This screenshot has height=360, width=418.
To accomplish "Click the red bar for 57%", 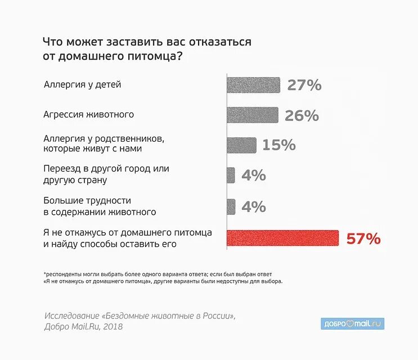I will [282, 238].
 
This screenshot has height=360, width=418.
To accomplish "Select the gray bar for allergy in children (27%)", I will [253, 85].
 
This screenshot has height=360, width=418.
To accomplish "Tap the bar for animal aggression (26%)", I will [252, 115].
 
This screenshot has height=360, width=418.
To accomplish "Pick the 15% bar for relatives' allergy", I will [241, 145].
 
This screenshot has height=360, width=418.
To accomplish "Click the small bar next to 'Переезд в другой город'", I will [231, 175].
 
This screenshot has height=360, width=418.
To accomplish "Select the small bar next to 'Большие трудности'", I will [231, 206].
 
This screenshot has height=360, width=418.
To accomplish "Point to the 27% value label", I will [304, 85].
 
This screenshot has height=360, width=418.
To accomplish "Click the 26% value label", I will [302, 115].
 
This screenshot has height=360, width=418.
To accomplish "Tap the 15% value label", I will [278, 145].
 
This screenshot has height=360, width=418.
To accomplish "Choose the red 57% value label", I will [363, 238].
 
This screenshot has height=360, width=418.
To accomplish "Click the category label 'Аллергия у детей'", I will [82, 85].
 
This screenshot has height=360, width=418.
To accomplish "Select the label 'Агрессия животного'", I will [88, 114].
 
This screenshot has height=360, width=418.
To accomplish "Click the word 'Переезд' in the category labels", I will [61, 168].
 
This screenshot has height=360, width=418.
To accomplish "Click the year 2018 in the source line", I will [111, 326].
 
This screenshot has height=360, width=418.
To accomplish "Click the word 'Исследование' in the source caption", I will [70, 316].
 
